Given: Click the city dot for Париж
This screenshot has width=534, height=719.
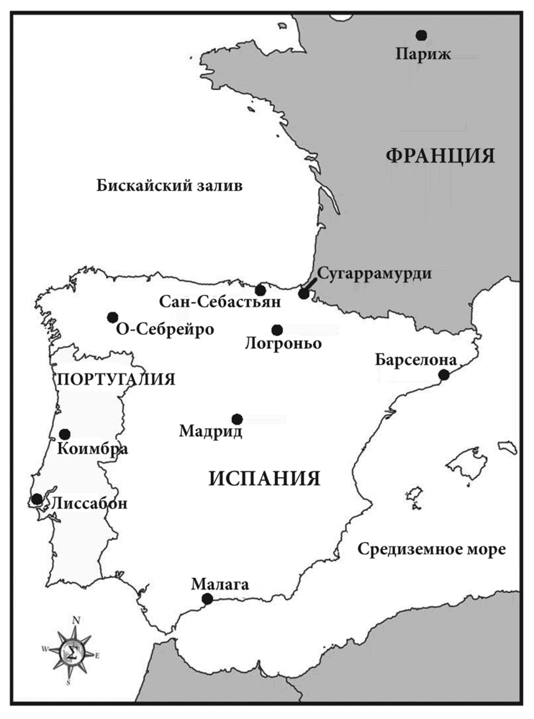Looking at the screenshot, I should coord(421,35).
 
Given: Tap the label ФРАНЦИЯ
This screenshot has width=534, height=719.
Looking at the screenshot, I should coord(440,156).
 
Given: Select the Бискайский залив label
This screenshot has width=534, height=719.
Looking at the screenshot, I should coord(170,186).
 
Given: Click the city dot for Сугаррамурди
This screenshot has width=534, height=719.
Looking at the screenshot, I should coord(304,294).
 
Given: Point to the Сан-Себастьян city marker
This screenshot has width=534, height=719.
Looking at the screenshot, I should coord(261,290).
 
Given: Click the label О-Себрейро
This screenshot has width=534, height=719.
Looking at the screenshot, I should coord(165,330).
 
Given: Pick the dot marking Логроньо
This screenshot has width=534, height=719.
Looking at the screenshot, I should coord(277,330).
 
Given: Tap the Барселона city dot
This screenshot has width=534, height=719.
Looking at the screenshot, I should coord(444,374).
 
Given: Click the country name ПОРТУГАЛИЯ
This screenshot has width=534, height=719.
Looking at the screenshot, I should coord(115,379).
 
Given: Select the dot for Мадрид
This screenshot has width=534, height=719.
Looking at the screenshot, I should coord(237,419).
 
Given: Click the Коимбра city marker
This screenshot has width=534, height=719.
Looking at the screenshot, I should coord(65,434).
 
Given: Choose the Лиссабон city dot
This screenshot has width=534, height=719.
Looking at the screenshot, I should coord(37,499).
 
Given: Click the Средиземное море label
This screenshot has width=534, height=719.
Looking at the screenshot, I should coord(431,550).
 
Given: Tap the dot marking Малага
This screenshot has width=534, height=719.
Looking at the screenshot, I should coord(207,598).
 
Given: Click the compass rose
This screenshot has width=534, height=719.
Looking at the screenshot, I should coord(71,652).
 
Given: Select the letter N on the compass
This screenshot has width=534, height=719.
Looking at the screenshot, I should coord(76,620).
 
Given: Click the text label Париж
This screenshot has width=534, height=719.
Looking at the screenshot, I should coord(423,54).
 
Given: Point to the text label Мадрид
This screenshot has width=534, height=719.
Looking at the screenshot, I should coord(210,432).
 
